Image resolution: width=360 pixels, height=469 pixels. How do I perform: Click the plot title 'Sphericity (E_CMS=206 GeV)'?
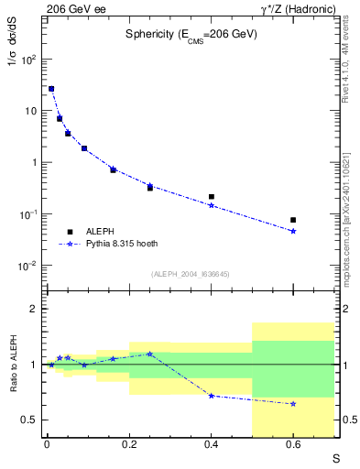point(191,34)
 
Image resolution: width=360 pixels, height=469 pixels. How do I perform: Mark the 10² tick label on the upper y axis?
point(28,60)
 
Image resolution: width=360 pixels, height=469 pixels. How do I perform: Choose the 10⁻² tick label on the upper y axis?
point(28,266)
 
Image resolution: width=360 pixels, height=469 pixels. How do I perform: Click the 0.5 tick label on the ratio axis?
point(27,420)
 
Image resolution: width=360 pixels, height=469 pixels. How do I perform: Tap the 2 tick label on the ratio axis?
point(32,310)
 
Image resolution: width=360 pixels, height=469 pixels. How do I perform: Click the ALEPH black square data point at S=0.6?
point(293,220)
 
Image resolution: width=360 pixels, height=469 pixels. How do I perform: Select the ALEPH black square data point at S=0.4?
point(212,197)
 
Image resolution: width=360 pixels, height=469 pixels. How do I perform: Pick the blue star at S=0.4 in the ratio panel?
point(212,396)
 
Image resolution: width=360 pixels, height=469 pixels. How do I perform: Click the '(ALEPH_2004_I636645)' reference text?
point(191,273)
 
